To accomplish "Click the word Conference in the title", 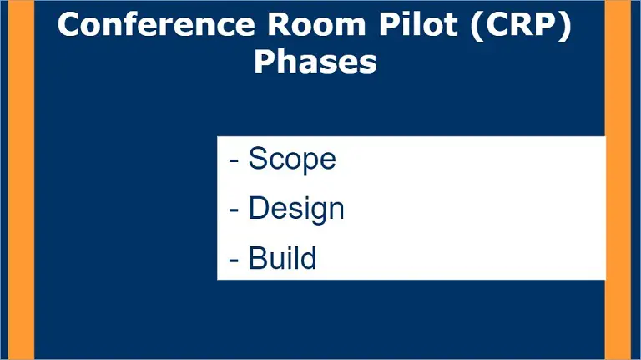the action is coord(157,24).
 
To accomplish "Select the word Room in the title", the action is coord(316,24).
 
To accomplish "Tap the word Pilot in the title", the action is coord(418,24).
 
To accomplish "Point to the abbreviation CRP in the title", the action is coord(521,24).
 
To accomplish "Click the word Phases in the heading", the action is coord(315,62).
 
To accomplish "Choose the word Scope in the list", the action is coord(292,159).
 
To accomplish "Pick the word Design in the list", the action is coord(296,209).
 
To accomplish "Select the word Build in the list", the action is coord(282,258).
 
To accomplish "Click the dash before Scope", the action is coord(234,160).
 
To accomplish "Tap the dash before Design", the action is coord(234,210).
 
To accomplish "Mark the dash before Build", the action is coord(234,260).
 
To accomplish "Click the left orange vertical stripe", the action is coord(21,180).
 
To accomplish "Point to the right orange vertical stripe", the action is coord(618,180).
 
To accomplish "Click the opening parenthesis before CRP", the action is coord(477,26).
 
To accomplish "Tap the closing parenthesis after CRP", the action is coord(565,26).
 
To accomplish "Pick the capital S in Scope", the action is coord(258,159).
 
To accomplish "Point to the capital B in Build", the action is coord(259,258).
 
